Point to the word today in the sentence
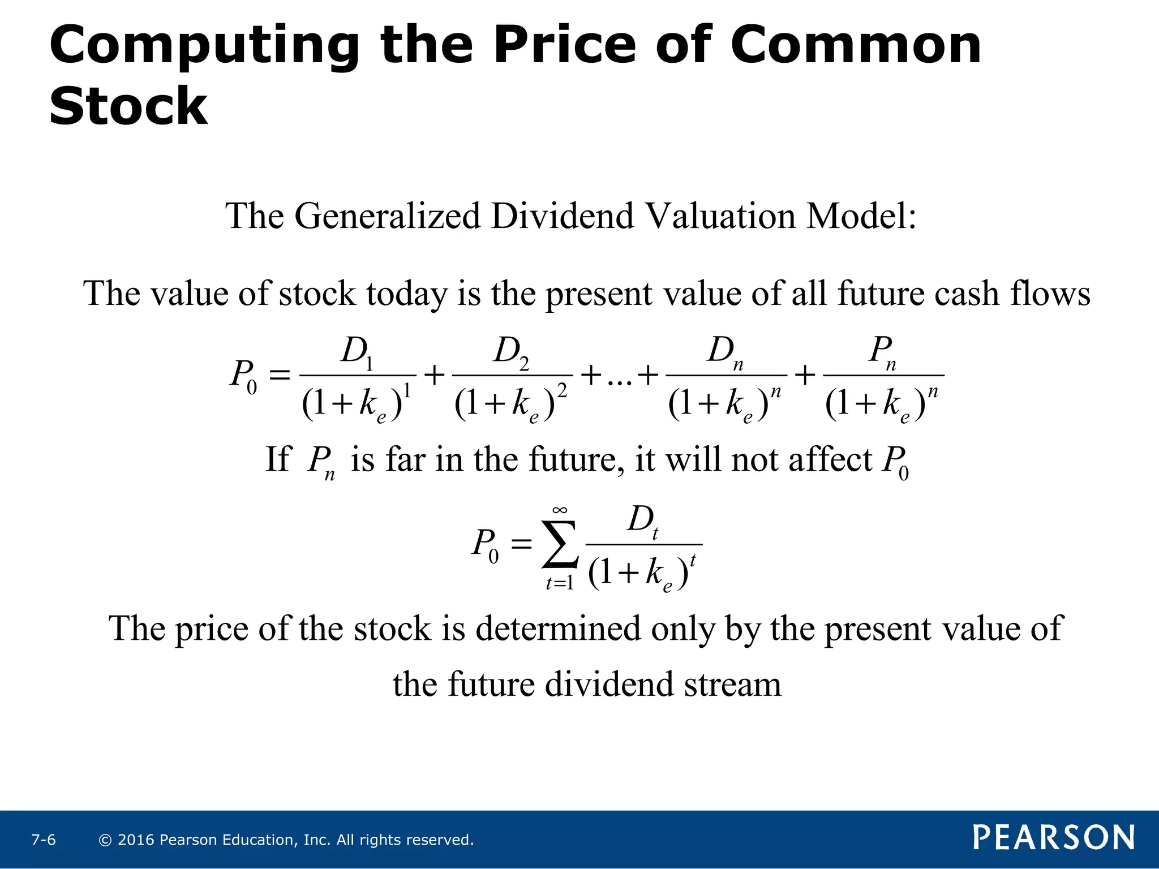[x=406, y=294]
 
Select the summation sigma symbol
[x=560, y=544]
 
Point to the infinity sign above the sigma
[x=560, y=510]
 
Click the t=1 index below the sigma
[x=560, y=583]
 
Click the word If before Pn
[x=278, y=459]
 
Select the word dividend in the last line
[x=608, y=685]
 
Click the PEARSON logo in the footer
[x=1054, y=837]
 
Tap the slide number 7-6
[x=44, y=840]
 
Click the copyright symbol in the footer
[x=105, y=840]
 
